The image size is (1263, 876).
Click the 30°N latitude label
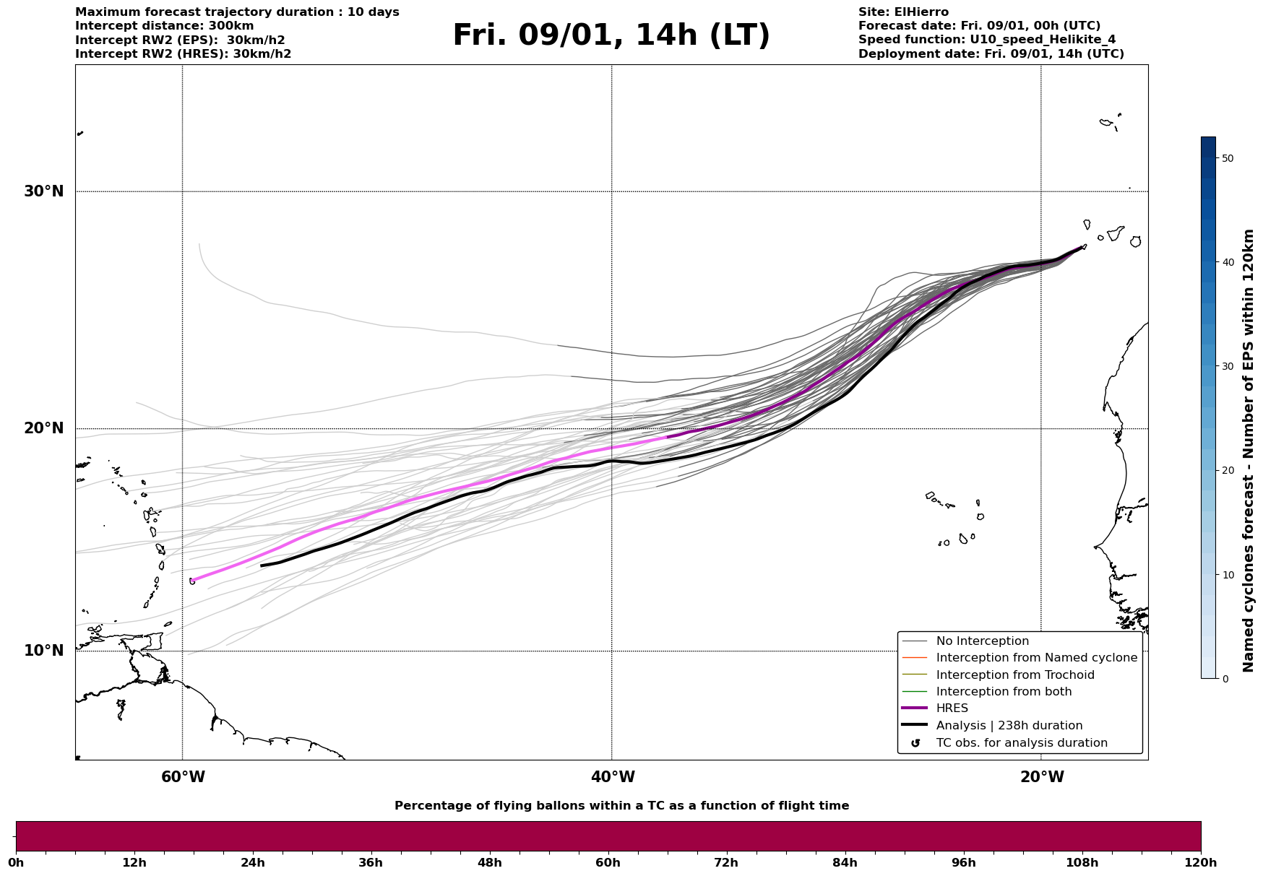[43, 191]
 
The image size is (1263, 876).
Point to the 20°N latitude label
[43, 428]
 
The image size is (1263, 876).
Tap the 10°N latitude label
[43, 651]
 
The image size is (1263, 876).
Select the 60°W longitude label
[183, 777]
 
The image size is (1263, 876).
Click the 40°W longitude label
[612, 777]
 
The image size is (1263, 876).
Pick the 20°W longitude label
[1041, 777]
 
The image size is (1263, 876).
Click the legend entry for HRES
[952, 708]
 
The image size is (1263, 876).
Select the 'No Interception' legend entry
[982, 641]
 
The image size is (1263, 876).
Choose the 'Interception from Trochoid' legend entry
[1014, 675]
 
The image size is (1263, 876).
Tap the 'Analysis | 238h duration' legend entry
[1009, 726]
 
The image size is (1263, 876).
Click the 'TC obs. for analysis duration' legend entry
[1021, 743]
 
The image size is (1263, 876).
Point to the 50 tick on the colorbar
[1227, 158]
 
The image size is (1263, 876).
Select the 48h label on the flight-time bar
[489, 862]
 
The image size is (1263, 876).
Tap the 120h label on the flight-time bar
[1200, 862]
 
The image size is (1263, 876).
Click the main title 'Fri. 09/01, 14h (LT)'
[611, 35]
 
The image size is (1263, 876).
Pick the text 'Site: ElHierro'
[903, 12]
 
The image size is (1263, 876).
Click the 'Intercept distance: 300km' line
[164, 26]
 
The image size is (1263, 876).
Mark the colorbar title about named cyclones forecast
[1248, 451]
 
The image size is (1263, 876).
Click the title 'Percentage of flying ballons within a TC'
[621, 806]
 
